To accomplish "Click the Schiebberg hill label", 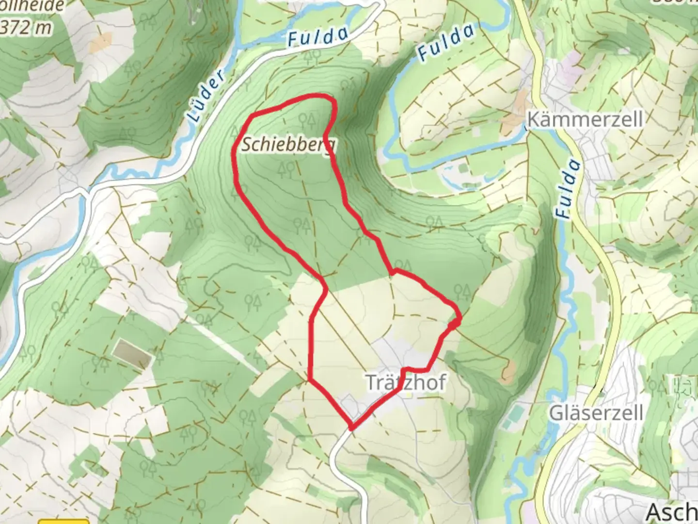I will coord(288,144).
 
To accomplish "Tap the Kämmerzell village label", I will coord(585,119).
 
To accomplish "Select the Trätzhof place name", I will coord(405,382).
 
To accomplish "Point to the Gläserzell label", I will coord(596,413).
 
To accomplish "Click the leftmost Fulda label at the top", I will coord(318,37).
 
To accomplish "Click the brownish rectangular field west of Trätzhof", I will coord(132,353).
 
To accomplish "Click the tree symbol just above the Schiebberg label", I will coord(308,119).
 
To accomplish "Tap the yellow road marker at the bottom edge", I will coord(70,521).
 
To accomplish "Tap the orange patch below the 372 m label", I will coord(101,43).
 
